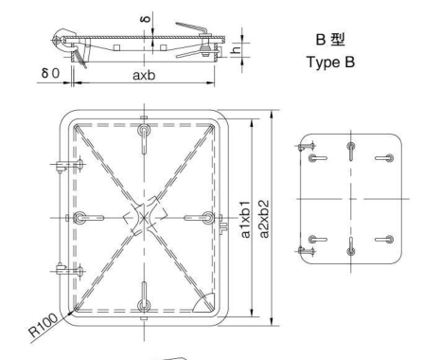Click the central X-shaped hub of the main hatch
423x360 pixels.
(x=143, y=217)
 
